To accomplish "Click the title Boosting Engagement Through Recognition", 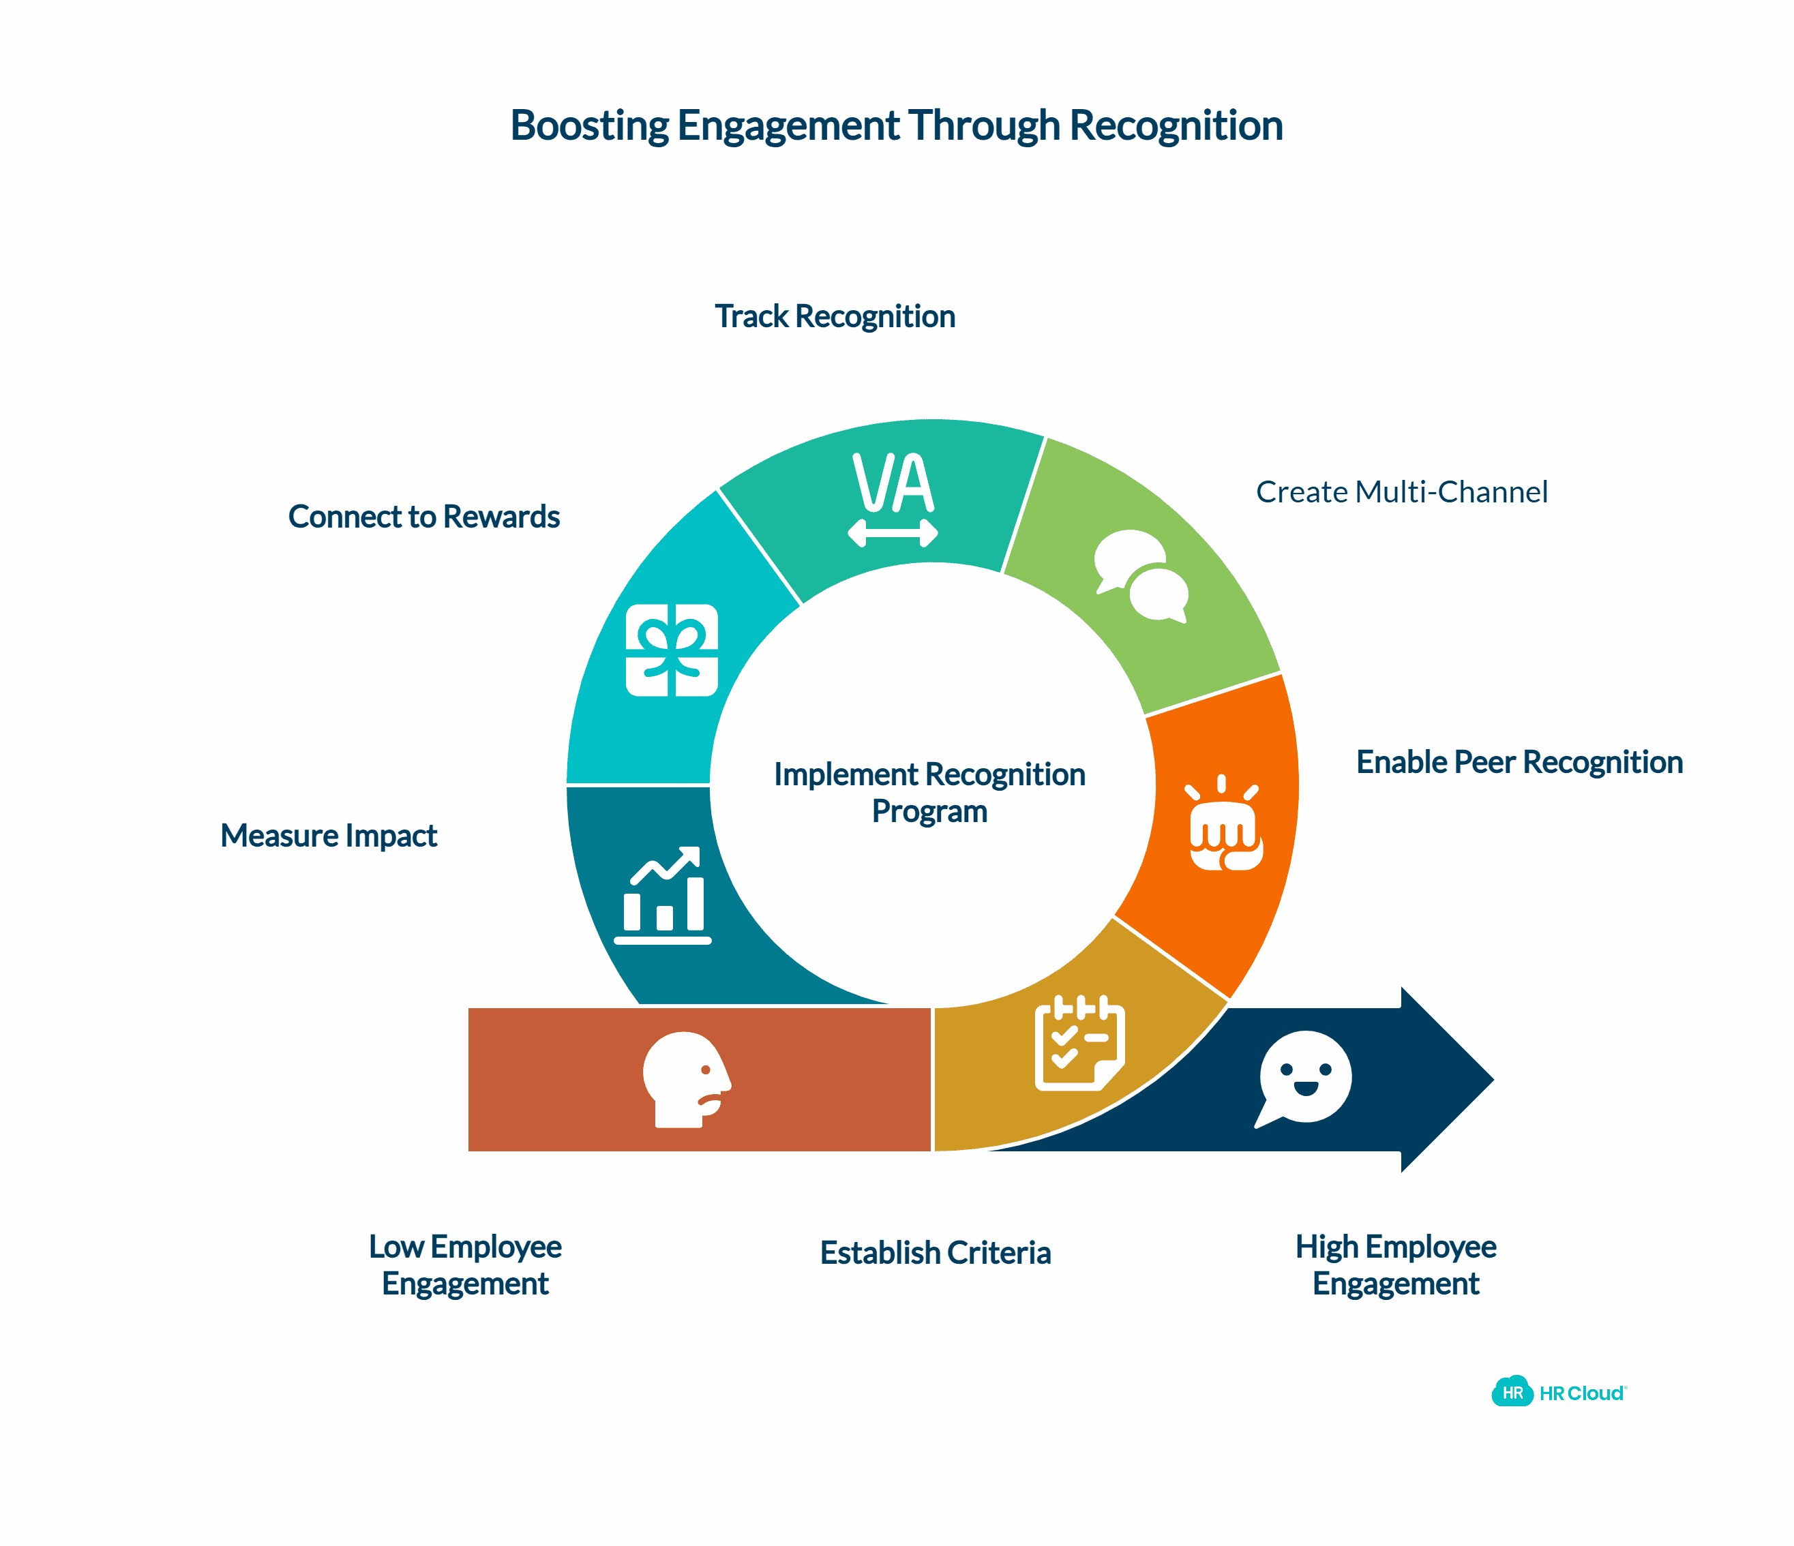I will click(896, 125).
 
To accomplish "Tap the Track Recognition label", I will click(835, 317).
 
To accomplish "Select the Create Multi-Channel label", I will click(1401, 491).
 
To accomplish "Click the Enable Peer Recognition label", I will click(1519, 761).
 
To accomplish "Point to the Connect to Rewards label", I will click(423, 517).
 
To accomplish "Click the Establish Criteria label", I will click(935, 1253).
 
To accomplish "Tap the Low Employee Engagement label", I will click(465, 1264).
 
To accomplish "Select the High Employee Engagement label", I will click(1396, 1264).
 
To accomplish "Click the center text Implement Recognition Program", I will click(929, 792).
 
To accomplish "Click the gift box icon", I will click(672, 650).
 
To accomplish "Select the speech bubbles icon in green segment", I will click(1140, 575).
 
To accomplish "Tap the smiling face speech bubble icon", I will click(1304, 1078).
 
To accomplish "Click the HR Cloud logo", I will click(1559, 1393).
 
